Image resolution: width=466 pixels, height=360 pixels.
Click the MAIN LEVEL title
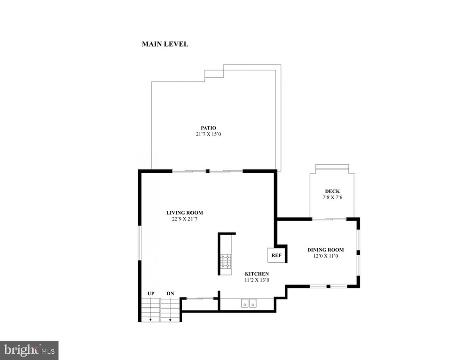(165, 44)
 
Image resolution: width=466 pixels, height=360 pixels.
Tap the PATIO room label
(208, 128)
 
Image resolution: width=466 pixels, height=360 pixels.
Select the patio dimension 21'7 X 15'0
(208, 134)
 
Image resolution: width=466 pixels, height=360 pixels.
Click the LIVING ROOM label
(184, 213)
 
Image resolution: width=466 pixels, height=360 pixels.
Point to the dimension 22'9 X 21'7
(184, 219)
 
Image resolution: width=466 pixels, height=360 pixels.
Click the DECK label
(332, 191)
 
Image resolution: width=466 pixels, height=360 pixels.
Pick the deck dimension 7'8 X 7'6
(332, 197)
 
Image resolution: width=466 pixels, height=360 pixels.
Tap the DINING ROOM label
(325, 250)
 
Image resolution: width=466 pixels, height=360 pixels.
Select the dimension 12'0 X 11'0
(325, 256)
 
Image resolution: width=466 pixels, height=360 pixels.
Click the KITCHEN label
(257, 274)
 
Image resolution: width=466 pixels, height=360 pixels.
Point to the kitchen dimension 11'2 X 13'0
(257, 280)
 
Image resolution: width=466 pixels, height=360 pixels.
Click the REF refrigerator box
(276, 255)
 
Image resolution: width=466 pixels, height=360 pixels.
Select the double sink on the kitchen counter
(249, 303)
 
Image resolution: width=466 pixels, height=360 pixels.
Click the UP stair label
(151, 294)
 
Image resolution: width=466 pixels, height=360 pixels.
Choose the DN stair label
(170, 294)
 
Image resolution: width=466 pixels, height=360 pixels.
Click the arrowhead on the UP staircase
(150, 320)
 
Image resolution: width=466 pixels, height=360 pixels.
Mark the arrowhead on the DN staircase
(170, 320)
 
